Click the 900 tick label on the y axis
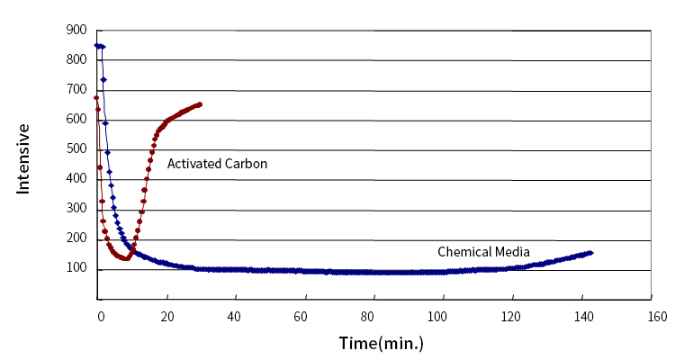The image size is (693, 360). click(x=76, y=30)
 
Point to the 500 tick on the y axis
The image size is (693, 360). click(x=76, y=149)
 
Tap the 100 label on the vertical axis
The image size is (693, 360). click(x=76, y=269)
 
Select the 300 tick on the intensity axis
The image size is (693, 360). click(x=76, y=209)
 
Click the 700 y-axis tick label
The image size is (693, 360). click(x=76, y=90)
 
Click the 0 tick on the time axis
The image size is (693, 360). click(x=100, y=317)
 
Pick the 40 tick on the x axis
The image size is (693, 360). click(x=236, y=317)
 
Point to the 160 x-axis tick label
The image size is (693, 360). click(x=656, y=317)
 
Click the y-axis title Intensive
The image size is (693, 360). click(x=24, y=158)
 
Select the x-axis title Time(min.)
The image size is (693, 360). click(x=381, y=343)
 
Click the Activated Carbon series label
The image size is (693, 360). click(x=218, y=164)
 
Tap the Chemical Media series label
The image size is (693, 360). click(x=483, y=251)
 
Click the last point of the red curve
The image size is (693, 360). click(x=199, y=104)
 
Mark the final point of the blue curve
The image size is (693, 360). click(x=590, y=253)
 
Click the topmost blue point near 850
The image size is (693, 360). click(x=97, y=45)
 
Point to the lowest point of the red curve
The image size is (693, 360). click(x=126, y=259)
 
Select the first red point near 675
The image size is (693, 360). click(x=96, y=97)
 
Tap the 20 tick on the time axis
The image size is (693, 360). click(x=166, y=317)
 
